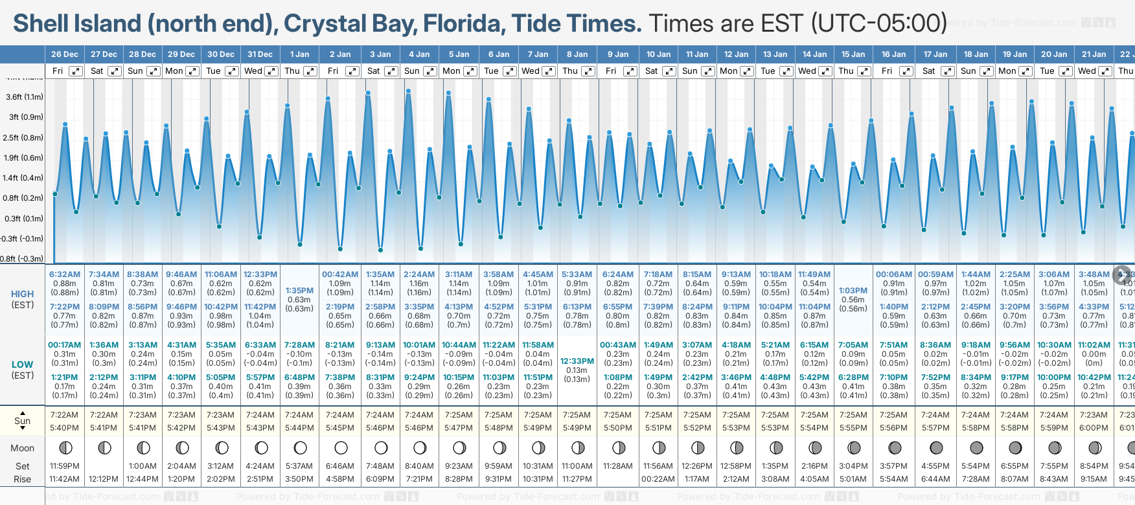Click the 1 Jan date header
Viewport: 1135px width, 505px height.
[x=299, y=54]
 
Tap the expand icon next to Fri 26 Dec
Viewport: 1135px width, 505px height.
[x=76, y=71]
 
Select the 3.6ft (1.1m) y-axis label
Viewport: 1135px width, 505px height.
[x=25, y=97]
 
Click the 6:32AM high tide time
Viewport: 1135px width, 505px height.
[x=65, y=275]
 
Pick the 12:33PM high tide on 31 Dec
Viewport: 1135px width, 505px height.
[x=260, y=275]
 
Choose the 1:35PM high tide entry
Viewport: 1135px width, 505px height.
[x=299, y=291]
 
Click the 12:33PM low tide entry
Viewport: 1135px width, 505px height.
[x=577, y=361]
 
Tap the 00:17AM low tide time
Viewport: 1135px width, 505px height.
[x=65, y=345]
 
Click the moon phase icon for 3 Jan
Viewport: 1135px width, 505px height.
[x=381, y=447]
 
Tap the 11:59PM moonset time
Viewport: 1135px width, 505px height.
[x=65, y=466]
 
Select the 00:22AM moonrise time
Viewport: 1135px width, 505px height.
[x=658, y=479]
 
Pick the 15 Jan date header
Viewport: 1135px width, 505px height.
[x=853, y=54]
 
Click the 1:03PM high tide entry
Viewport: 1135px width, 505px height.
[x=853, y=291]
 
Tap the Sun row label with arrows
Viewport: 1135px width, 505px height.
[x=23, y=420]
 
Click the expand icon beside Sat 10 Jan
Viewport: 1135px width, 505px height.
[x=669, y=71]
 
